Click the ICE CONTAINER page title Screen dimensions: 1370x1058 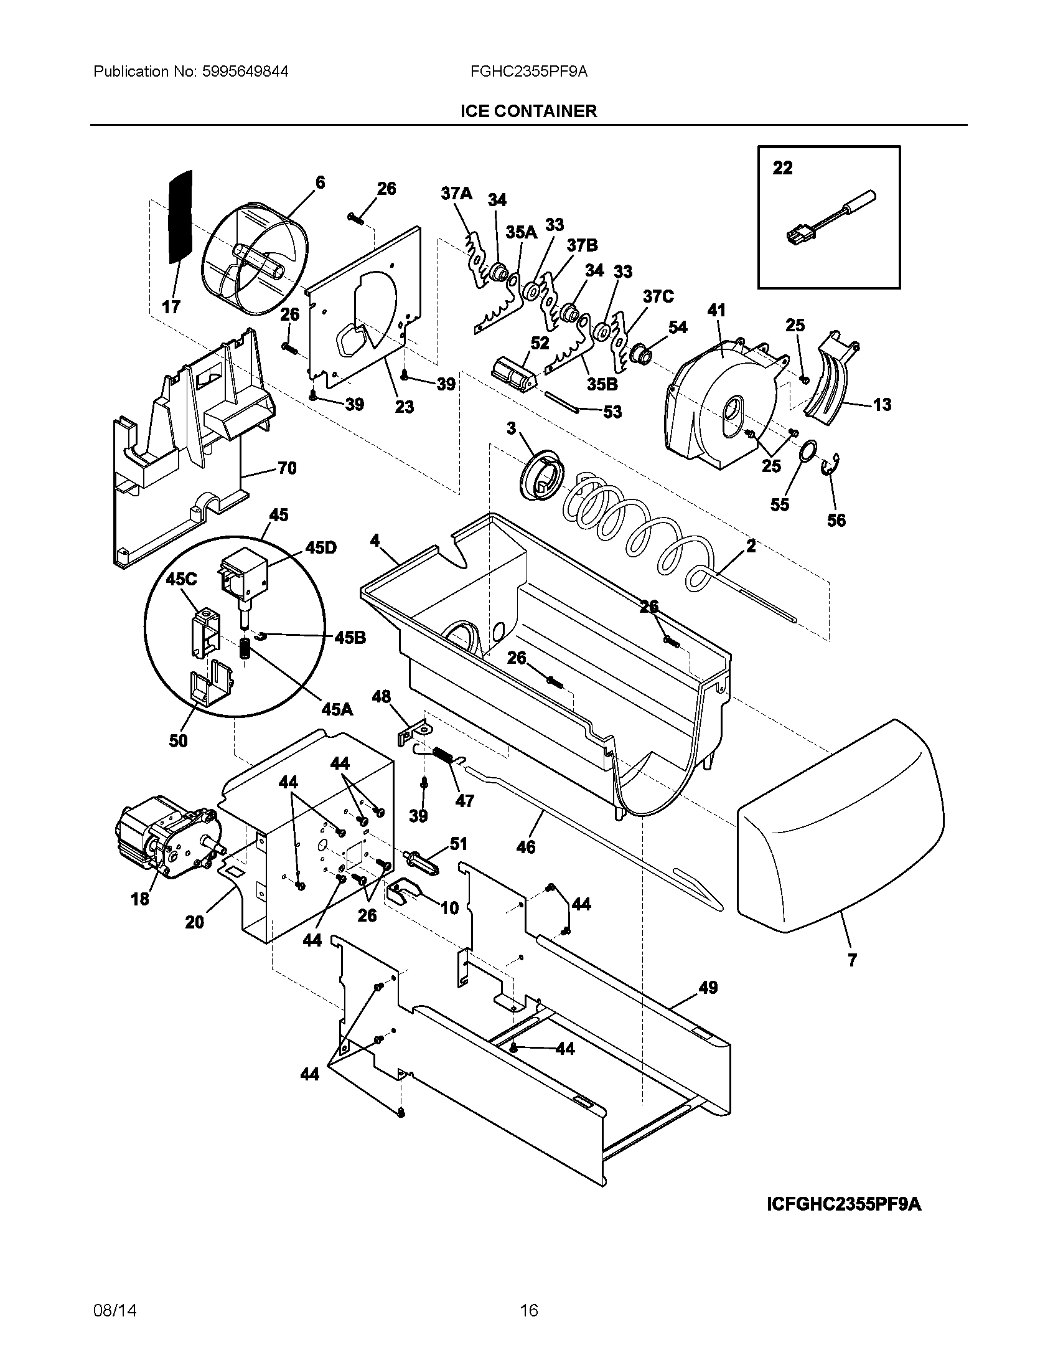528,111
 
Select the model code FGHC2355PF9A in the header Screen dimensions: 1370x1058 528,72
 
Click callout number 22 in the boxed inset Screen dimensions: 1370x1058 782,168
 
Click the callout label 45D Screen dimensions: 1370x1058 321,547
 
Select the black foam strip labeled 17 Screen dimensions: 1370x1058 180,217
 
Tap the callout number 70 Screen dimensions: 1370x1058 286,468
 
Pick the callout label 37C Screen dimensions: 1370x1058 657,296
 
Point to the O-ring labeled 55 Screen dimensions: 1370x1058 808,450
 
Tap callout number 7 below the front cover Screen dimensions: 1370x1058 852,978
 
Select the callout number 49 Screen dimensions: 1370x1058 708,988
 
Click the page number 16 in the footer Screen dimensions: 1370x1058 528,1310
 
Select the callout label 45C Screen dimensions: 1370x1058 181,579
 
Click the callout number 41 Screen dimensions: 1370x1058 716,310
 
